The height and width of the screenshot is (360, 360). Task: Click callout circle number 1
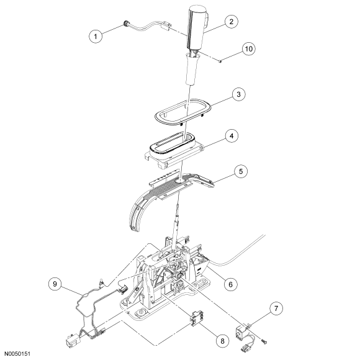pos(96,36)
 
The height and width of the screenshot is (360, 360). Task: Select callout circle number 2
pos(231,21)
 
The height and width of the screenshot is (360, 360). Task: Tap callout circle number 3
pos(238,94)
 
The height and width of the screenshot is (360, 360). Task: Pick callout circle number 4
pos(232,136)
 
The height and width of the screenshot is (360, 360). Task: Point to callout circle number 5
pos(241,171)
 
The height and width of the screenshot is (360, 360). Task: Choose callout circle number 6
pos(230,284)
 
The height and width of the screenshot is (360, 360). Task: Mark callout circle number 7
pos(276,308)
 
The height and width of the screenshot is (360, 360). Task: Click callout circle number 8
pos(222,341)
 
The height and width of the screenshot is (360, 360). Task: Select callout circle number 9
pos(55,284)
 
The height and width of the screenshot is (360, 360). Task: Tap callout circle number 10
pos(249,48)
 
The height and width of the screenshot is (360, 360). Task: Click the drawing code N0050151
pos(17,354)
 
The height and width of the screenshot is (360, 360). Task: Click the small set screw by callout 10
pos(220,61)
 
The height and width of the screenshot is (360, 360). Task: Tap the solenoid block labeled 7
pos(241,332)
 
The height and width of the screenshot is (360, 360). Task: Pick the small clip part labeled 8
pos(196,318)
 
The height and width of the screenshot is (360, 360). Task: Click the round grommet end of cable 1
pos(126,24)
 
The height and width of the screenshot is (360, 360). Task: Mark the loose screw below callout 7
pos(264,341)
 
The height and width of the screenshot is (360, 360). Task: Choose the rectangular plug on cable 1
pos(166,25)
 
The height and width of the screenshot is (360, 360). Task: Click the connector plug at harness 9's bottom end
pos(71,341)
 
